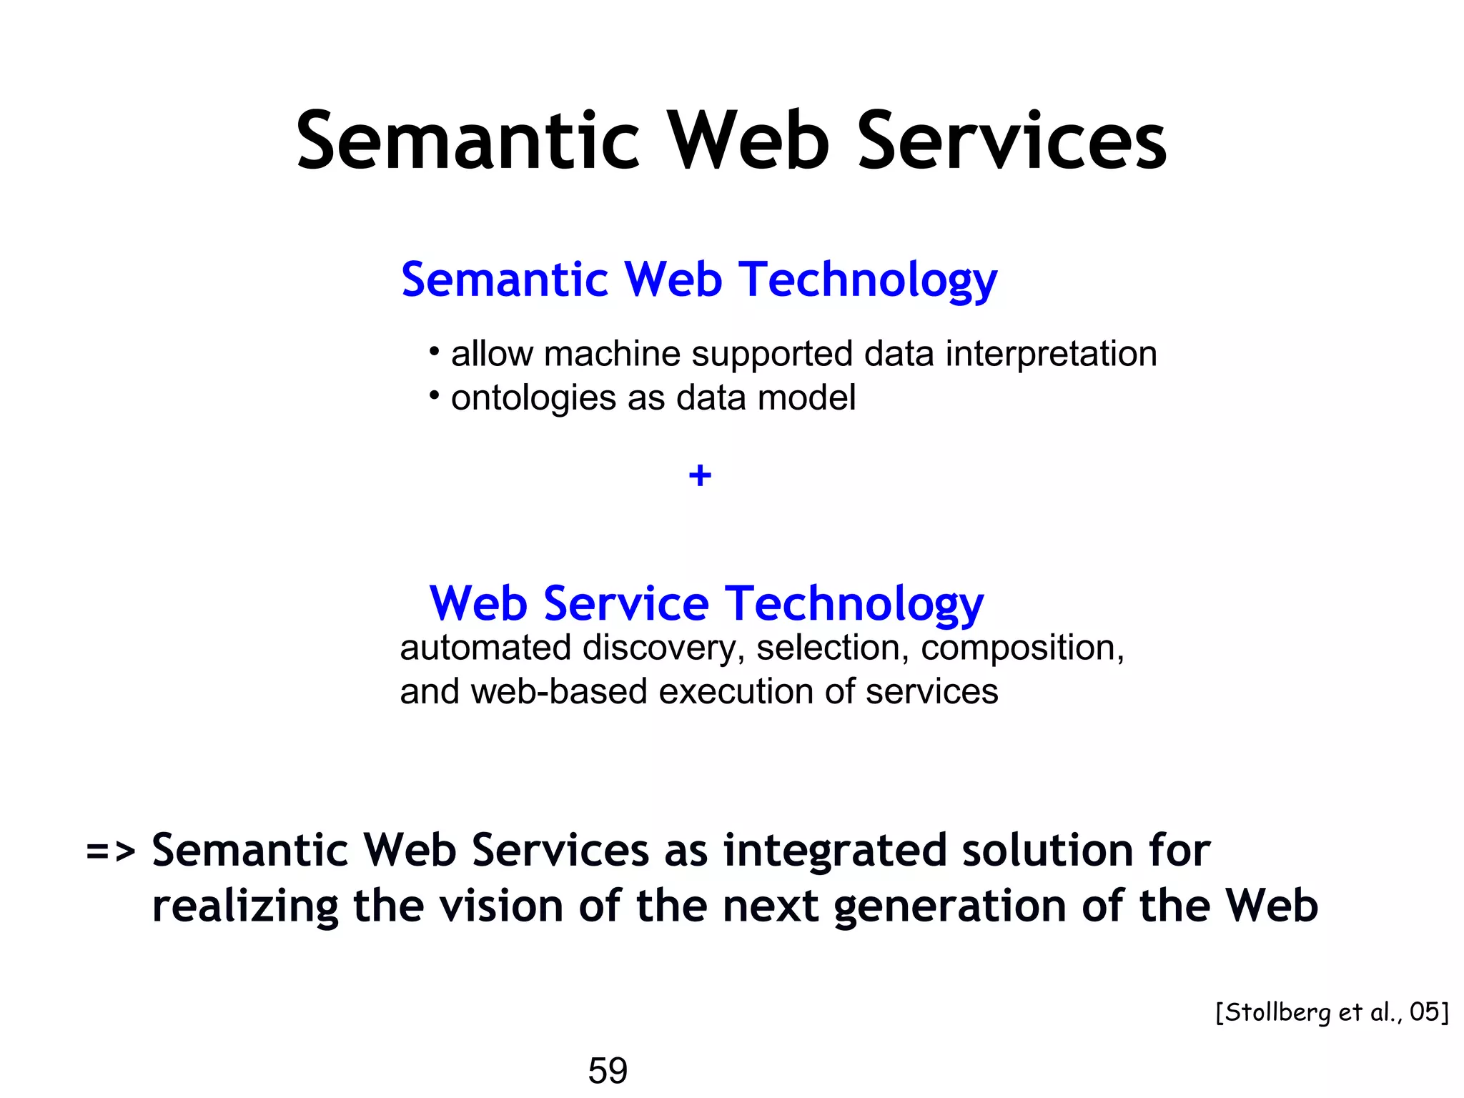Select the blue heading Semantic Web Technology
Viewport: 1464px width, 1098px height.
[x=698, y=280]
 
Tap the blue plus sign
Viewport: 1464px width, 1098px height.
[x=700, y=475]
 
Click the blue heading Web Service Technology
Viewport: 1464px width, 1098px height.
[x=706, y=604]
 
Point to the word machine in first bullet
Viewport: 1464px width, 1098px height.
[x=612, y=354]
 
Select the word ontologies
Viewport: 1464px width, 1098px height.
[x=533, y=398]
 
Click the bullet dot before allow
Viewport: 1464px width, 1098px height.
[x=434, y=351]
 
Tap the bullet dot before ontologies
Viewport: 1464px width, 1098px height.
[x=434, y=395]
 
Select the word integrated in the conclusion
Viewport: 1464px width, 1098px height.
[x=836, y=851]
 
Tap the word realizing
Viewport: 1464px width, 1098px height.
[x=245, y=906]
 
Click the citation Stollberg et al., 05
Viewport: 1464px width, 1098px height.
[x=1332, y=1012]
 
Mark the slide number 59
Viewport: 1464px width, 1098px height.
[x=608, y=1070]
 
